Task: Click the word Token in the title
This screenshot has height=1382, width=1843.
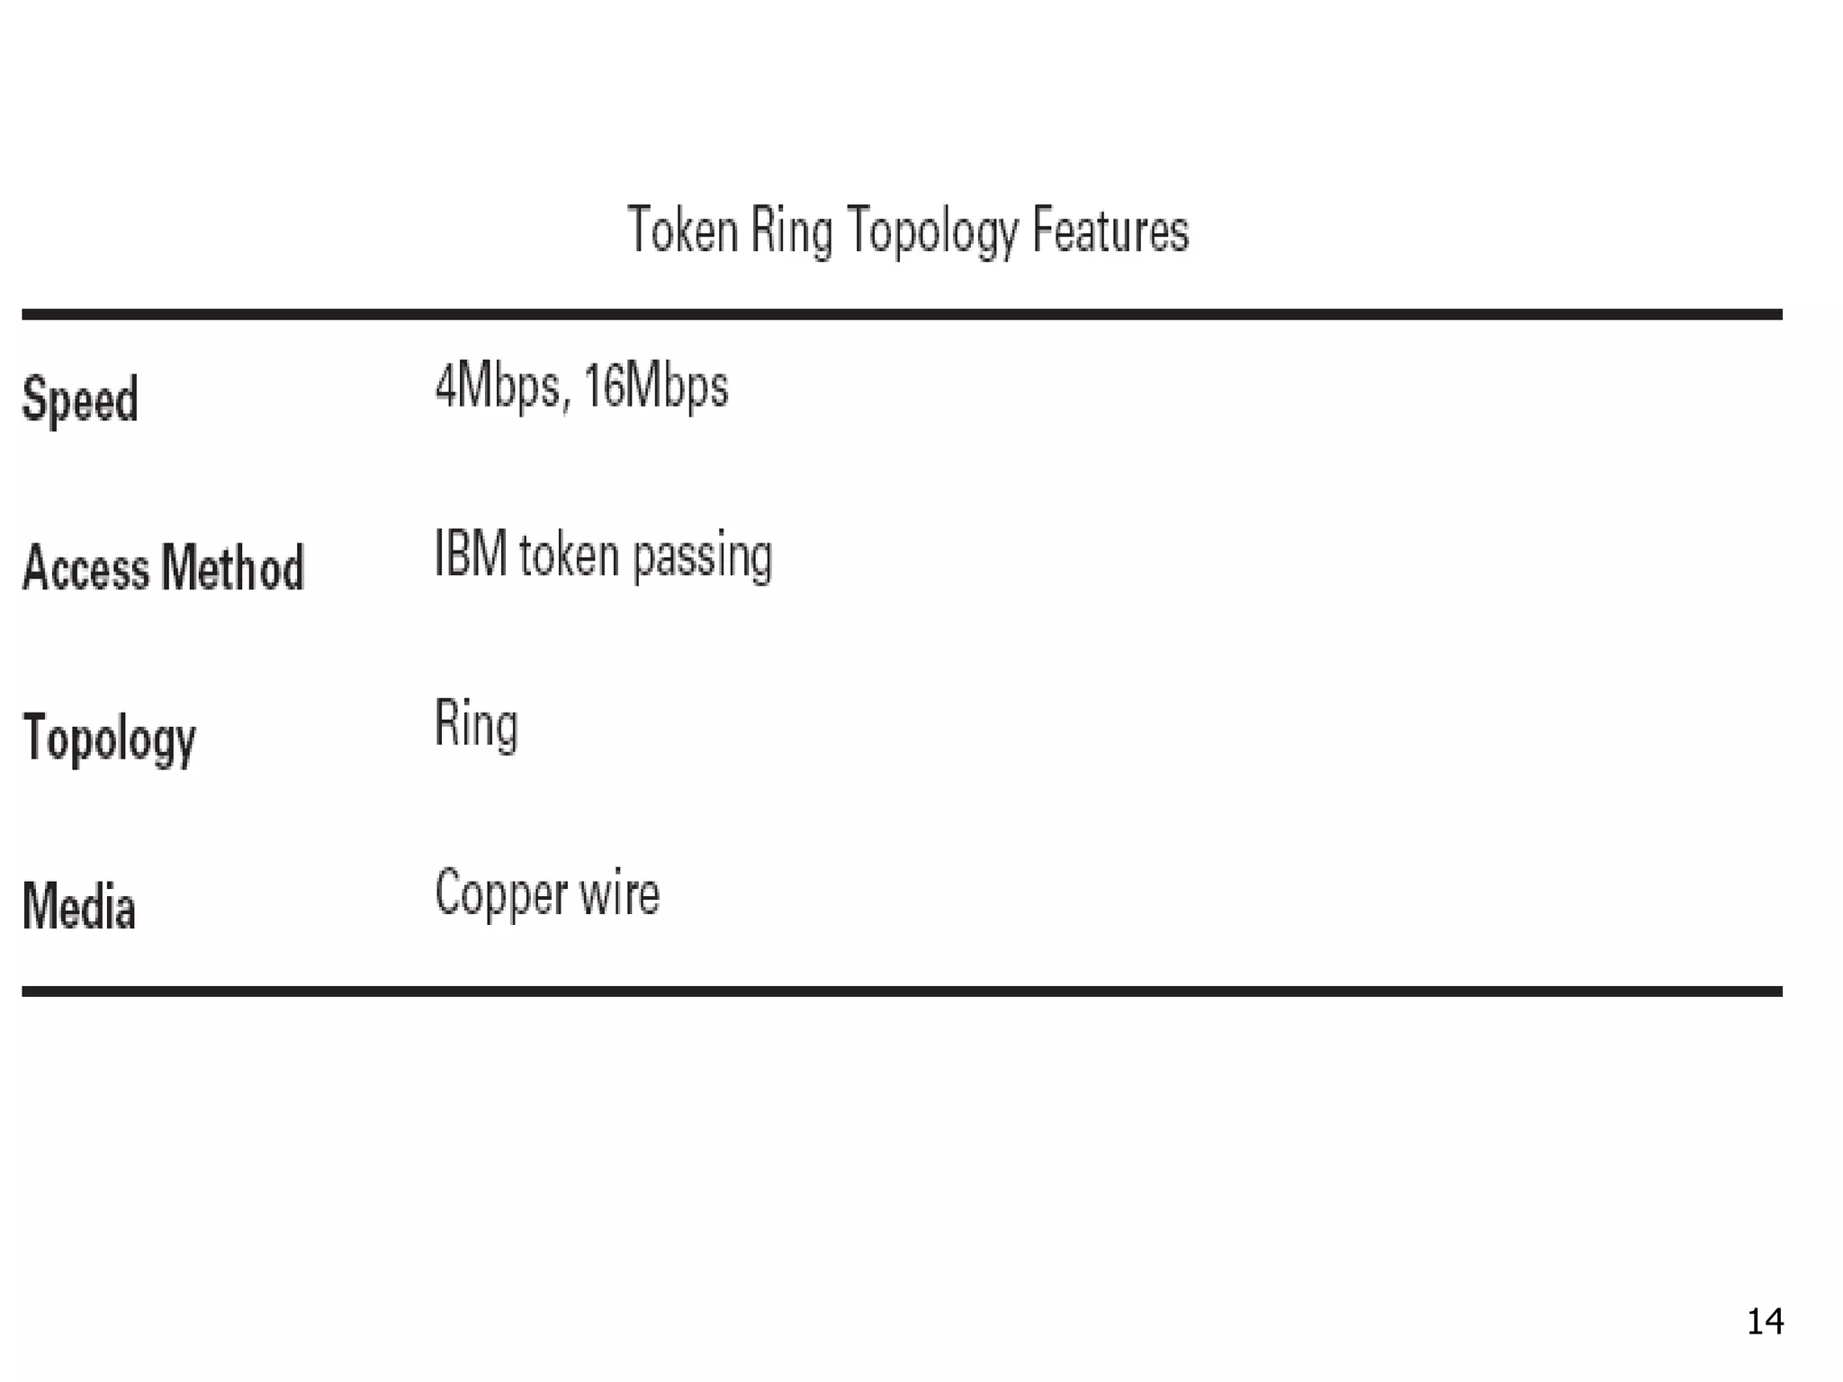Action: point(682,230)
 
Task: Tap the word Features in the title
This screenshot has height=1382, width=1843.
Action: point(1110,230)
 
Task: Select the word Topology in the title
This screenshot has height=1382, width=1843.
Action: point(931,232)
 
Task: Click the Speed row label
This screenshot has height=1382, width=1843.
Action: point(80,399)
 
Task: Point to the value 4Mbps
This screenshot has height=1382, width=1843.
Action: point(498,387)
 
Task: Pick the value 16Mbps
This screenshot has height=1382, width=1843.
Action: point(656,387)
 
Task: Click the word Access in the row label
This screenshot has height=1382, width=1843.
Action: point(85,568)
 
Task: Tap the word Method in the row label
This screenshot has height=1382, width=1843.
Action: point(233,568)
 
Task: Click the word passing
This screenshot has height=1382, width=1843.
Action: point(703,556)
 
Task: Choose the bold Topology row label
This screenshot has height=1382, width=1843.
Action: point(109,738)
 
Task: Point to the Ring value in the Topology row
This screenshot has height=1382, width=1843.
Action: point(476,724)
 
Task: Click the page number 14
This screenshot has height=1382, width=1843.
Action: point(1765,1321)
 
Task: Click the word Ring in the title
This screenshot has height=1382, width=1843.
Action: point(792,232)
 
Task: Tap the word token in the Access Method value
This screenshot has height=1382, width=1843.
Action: point(569,555)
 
